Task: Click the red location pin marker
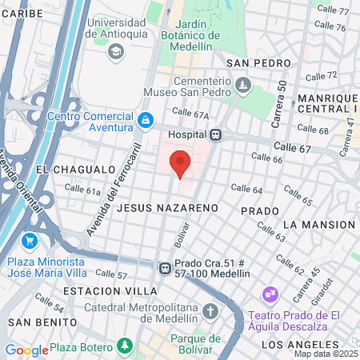pyautogui.click(x=181, y=162)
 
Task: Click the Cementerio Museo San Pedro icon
pyautogui.click(x=242, y=84)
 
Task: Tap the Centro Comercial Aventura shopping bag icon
pyautogui.click(x=145, y=121)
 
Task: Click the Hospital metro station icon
pyautogui.click(x=215, y=135)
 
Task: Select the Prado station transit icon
pyautogui.click(x=164, y=269)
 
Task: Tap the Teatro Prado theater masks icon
pyautogui.click(x=270, y=295)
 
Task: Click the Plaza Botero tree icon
pyautogui.click(x=124, y=346)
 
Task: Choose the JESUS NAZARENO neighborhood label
pyautogui.click(x=167, y=207)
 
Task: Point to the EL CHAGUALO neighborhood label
pyautogui.click(x=75, y=170)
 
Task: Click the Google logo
pyautogui.click(x=26, y=350)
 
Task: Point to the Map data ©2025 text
pyautogui.click(x=326, y=354)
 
